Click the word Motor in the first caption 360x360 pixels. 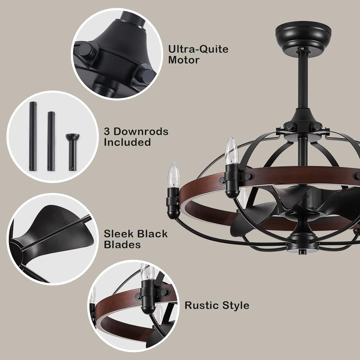click(184, 60)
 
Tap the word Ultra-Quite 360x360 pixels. click(198, 49)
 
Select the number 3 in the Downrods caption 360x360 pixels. click(107, 131)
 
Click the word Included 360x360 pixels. click(127, 142)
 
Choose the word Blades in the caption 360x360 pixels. click(122, 245)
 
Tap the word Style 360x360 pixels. click(236, 306)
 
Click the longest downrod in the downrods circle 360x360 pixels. click(33, 136)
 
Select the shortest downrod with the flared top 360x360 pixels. click(72, 152)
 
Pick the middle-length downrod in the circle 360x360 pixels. click(51, 141)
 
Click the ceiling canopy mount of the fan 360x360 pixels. click(303, 36)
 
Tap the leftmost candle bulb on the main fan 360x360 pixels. click(173, 175)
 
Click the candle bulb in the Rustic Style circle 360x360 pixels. click(147, 272)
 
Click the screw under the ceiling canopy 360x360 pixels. click(303, 49)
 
